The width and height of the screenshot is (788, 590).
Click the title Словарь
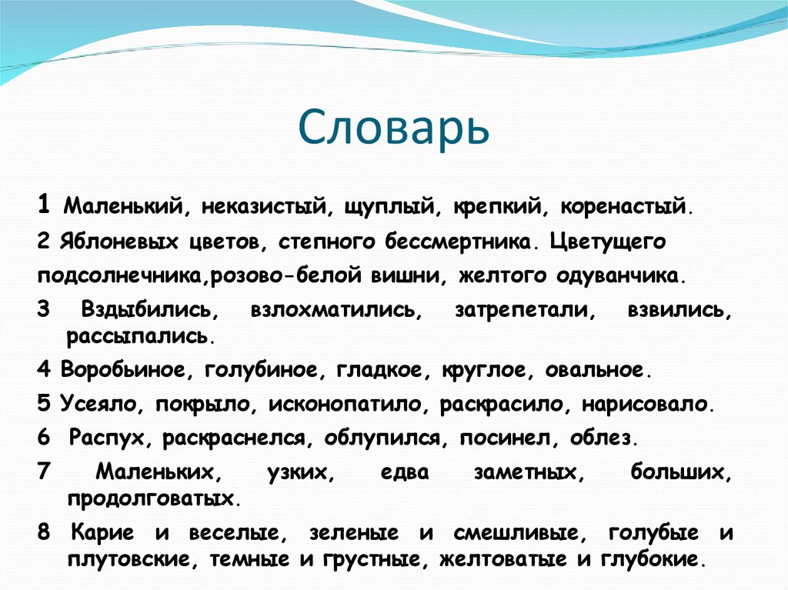393,128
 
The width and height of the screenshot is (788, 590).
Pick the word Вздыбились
145,310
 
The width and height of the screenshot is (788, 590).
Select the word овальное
597,370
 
